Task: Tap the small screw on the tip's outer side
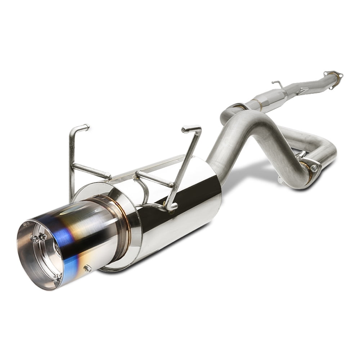(x=87, y=268)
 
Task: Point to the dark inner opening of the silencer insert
(x=58, y=248)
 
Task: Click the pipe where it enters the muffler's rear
(x=216, y=166)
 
